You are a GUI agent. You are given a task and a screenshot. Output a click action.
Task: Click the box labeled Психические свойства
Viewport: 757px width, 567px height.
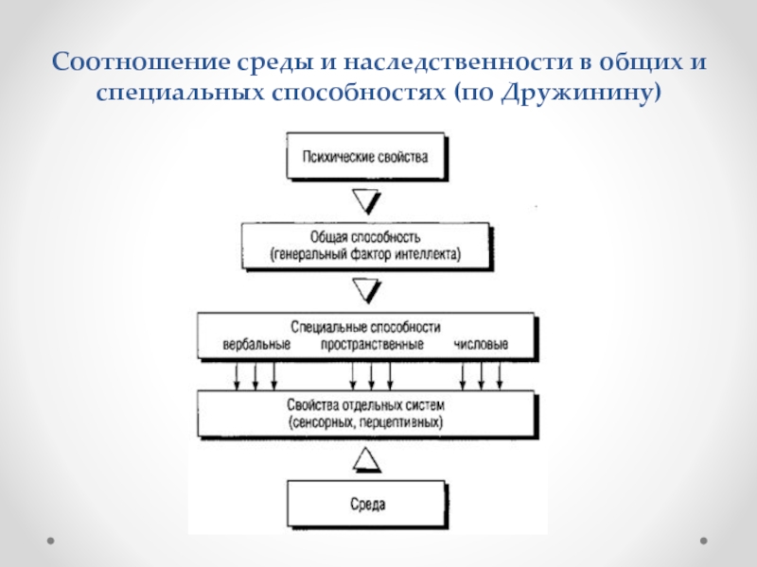click(367, 157)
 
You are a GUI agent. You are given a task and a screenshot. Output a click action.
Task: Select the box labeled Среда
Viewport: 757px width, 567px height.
click(367, 505)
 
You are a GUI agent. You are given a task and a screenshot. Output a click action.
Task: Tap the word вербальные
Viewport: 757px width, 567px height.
click(256, 344)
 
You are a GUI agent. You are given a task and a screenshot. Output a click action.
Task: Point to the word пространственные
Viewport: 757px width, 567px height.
click(372, 344)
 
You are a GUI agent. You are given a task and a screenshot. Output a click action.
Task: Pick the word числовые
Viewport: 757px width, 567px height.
click(481, 344)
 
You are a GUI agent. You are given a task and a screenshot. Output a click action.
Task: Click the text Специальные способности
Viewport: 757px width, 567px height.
click(365, 327)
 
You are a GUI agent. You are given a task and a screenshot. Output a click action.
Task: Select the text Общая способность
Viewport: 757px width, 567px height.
click(365, 237)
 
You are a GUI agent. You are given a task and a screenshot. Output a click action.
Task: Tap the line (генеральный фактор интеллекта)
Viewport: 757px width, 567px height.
click(365, 254)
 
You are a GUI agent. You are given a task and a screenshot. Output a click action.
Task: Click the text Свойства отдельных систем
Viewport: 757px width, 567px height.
click(365, 405)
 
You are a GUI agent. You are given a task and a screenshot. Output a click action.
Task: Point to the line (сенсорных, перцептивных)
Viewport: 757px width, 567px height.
click(365, 422)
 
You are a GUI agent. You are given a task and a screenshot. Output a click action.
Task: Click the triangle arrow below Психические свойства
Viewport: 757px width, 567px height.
click(367, 201)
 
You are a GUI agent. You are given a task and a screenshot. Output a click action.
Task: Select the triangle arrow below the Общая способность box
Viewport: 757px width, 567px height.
click(367, 290)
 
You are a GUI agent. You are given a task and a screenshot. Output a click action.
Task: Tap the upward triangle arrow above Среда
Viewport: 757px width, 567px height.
click(367, 459)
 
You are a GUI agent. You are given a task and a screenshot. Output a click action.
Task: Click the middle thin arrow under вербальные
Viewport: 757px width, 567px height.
click(255, 375)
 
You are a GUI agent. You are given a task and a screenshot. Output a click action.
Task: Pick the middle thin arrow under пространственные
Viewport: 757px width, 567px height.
click(371, 375)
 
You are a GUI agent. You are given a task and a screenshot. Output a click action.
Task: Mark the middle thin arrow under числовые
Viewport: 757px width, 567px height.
click(481, 375)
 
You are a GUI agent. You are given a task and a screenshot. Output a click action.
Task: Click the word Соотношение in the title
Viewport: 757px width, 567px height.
click(140, 61)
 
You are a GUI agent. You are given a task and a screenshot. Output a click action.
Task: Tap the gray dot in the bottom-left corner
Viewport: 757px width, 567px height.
click(51, 541)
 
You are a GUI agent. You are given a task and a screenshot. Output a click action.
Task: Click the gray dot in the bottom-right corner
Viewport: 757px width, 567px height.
click(704, 541)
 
